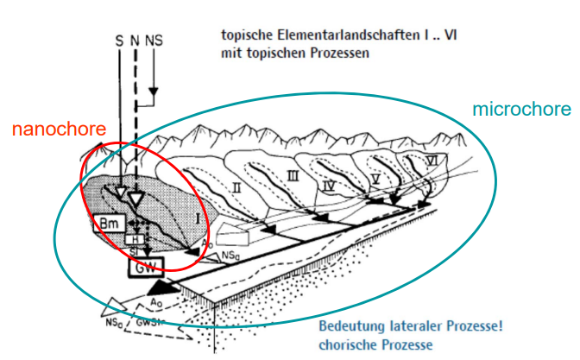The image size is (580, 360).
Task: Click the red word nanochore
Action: pyautogui.click(x=58, y=129)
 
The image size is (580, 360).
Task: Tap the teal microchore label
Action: pyautogui.click(x=521, y=110)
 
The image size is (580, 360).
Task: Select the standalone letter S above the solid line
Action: pyautogui.click(x=119, y=40)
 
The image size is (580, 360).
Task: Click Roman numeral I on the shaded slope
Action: pyautogui.click(x=198, y=218)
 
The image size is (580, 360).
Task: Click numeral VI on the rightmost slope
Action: pyautogui.click(x=431, y=160)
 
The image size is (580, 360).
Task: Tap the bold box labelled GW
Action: pyautogui.click(x=147, y=268)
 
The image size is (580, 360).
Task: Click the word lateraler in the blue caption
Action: pyautogui.click(x=420, y=326)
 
